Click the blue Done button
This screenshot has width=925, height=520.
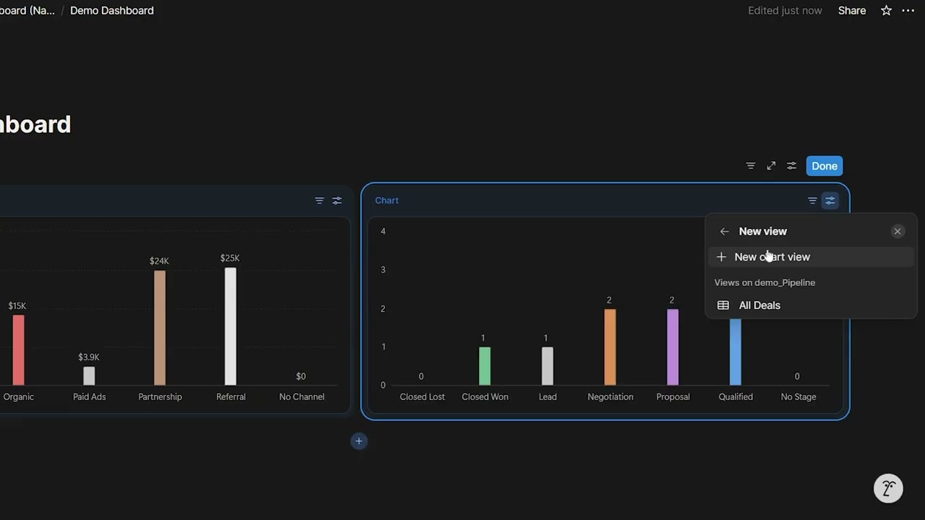824,166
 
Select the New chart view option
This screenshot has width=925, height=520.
772,257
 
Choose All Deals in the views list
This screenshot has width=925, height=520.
759,305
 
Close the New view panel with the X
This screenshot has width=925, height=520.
898,231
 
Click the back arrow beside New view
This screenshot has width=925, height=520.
724,232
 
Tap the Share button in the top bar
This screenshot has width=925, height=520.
852,11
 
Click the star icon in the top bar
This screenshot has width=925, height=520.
886,11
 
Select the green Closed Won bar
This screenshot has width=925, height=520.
485,366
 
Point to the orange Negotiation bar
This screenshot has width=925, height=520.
610,347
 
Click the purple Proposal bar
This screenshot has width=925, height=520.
673,347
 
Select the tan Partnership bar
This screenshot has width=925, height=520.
160,328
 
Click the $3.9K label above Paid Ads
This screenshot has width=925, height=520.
89,357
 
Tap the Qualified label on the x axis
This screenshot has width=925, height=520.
736,396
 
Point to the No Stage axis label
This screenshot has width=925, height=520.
799,396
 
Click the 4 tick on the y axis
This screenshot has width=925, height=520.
383,231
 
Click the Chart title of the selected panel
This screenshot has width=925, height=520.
387,201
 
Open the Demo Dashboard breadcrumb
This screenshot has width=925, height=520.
112,11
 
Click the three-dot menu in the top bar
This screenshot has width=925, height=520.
908,11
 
